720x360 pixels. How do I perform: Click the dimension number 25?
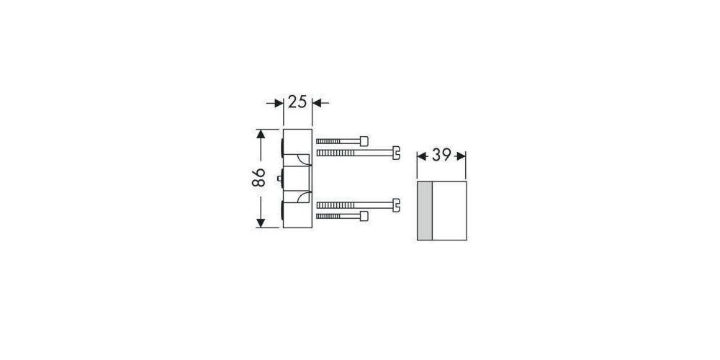(x=297, y=102)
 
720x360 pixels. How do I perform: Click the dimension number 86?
(x=260, y=179)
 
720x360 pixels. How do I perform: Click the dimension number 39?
(x=442, y=156)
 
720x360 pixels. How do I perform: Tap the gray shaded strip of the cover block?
(x=424, y=211)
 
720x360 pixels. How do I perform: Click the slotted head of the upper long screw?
(x=395, y=152)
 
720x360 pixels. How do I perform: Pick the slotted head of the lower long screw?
(x=395, y=205)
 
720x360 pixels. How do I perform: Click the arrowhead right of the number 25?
(x=317, y=103)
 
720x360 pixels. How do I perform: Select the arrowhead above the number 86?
(x=260, y=135)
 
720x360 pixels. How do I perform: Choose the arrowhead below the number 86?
(x=260, y=222)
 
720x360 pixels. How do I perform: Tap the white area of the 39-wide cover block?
(x=449, y=211)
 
